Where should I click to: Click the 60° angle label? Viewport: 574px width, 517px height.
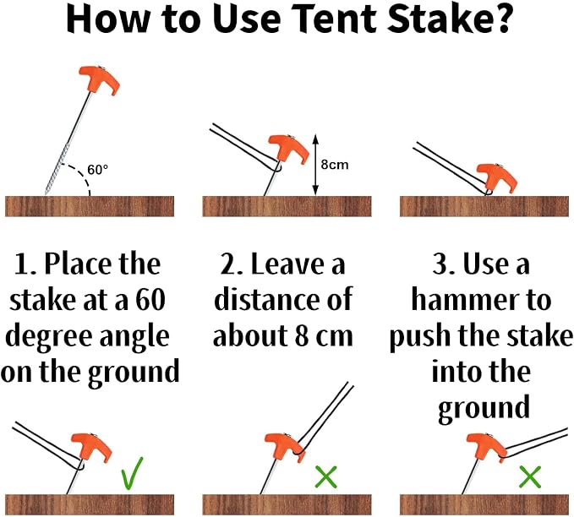98,170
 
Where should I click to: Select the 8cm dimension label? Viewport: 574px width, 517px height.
335,165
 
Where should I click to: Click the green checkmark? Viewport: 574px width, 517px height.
132,473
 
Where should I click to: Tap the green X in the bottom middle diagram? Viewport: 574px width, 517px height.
325,476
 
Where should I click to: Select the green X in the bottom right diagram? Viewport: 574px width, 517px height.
530,477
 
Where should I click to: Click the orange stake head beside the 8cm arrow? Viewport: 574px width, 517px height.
287,149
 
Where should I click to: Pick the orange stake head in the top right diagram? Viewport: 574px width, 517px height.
497,177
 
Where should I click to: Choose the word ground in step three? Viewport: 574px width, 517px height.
484,408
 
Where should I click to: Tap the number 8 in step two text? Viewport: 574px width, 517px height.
302,336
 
